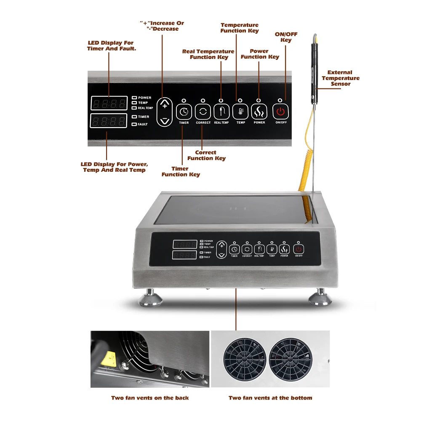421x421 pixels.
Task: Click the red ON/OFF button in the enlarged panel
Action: [x=281, y=112]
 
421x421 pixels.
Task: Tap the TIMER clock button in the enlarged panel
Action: [x=184, y=112]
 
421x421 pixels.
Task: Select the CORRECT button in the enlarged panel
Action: [x=203, y=112]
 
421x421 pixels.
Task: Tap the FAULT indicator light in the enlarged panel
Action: [x=134, y=124]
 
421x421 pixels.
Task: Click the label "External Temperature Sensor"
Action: [x=340, y=78]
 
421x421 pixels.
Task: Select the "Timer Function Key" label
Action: [x=181, y=171]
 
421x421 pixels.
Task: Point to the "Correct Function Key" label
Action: [x=206, y=155]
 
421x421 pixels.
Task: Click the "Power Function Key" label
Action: [x=259, y=54]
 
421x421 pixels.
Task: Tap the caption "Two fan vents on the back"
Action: [x=150, y=398]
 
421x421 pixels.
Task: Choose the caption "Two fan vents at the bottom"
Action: [x=270, y=398]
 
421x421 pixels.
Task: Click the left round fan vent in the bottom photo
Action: [x=245, y=359]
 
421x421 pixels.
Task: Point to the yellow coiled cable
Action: [x=307, y=185]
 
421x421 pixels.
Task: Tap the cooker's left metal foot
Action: [x=150, y=299]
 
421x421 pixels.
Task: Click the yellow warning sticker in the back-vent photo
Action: [x=110, y=358]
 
